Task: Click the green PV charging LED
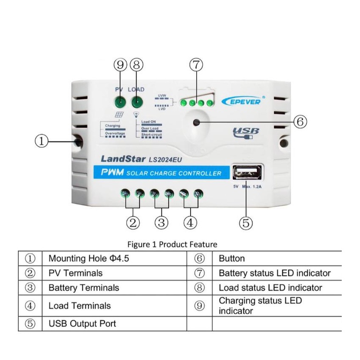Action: pos(121,102)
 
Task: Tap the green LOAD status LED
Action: pos(137,102)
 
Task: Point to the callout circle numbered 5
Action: pos(246,223)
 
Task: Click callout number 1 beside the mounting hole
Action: pos(42,141)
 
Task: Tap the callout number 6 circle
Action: pos(300,122)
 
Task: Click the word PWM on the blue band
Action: pos(112,173)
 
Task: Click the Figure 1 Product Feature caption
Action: pos(172,244)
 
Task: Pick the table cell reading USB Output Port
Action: pos(82,323)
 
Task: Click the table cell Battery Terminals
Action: pos(84,287)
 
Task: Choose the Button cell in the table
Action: pos(232,258)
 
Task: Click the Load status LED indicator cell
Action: pos(270,287)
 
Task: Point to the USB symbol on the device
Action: pos(245,132)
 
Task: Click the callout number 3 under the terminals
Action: pos(162,223)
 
